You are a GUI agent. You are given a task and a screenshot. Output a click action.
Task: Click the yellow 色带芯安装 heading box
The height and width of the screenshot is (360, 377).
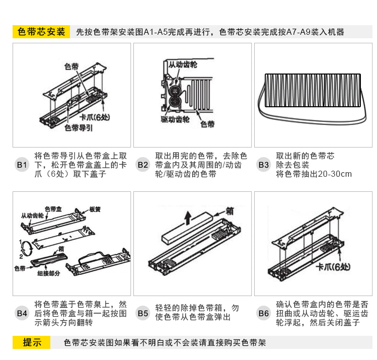tap(41, 32)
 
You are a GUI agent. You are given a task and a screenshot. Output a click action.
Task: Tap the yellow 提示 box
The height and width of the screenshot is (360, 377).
tap(31, 343)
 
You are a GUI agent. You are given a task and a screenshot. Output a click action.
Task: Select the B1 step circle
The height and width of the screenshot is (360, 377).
tap(22, 165)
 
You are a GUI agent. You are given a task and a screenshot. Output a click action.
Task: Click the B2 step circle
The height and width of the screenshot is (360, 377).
tap(143, 165)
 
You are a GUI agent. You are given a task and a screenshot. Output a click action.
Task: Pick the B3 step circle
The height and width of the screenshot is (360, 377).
tap(264, 165)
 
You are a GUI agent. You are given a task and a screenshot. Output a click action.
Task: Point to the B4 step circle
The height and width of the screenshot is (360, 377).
tap(22, 313)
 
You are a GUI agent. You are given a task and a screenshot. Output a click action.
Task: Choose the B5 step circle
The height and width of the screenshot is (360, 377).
tap(143, 313)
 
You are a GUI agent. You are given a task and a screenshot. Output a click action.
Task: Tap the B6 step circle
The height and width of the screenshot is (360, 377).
tap(264, 313)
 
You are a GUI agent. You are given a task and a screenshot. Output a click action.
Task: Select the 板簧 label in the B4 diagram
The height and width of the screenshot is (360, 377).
tap(96, 209)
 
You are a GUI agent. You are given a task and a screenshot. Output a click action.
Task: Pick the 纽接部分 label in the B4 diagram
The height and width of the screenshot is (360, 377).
tap(49, 273)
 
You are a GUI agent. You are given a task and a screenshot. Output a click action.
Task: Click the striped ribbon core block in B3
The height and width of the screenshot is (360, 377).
tap(313, 91)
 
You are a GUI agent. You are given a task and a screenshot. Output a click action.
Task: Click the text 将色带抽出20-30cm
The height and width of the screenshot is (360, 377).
tap(314, 174)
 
